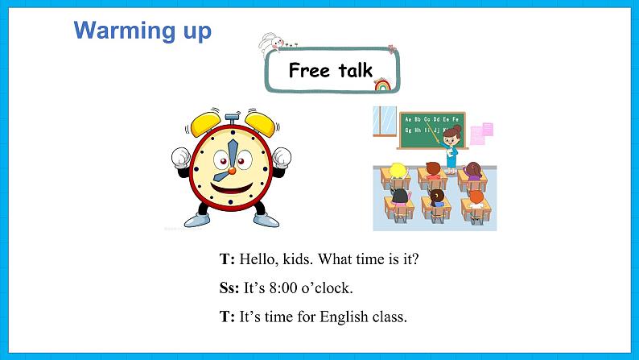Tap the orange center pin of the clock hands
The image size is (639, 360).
point(230,168)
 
